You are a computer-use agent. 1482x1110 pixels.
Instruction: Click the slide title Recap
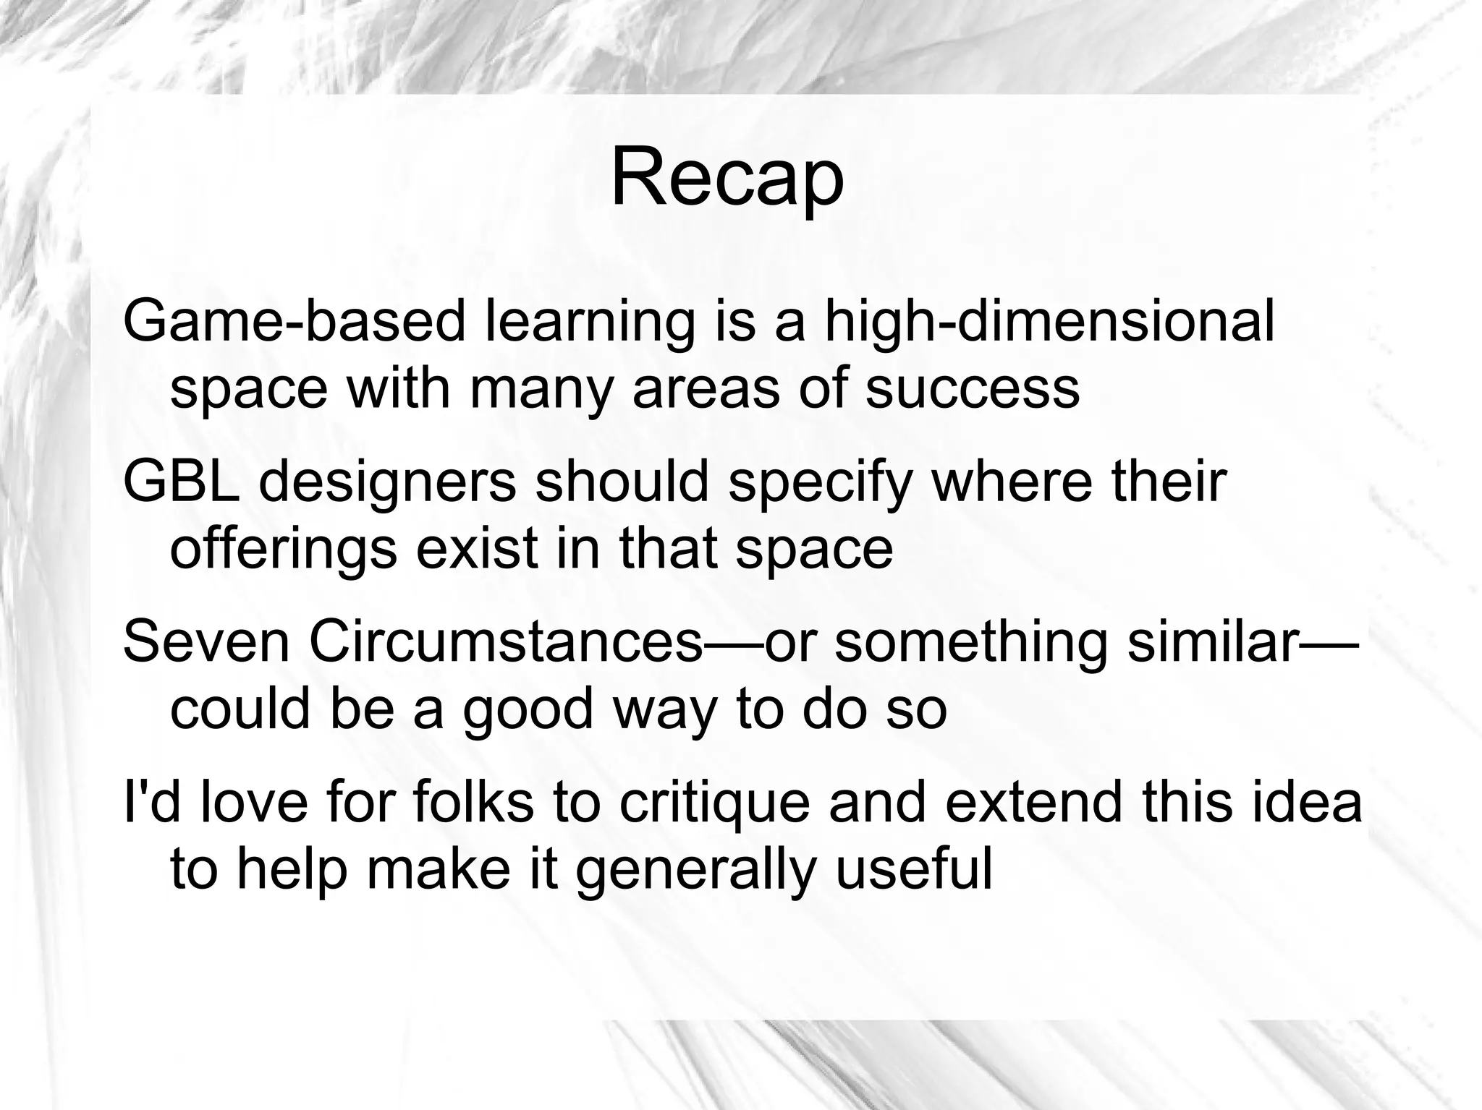coord(727,178)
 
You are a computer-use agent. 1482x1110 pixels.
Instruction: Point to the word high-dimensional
coord(1049,323)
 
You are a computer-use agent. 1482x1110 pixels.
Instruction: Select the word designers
coord(388,483)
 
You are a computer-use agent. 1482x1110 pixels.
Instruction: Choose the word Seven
coord(207,642)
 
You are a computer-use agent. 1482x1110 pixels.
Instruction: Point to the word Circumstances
coord(507,642)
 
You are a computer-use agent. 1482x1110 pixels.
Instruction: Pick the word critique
coord(714,804)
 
